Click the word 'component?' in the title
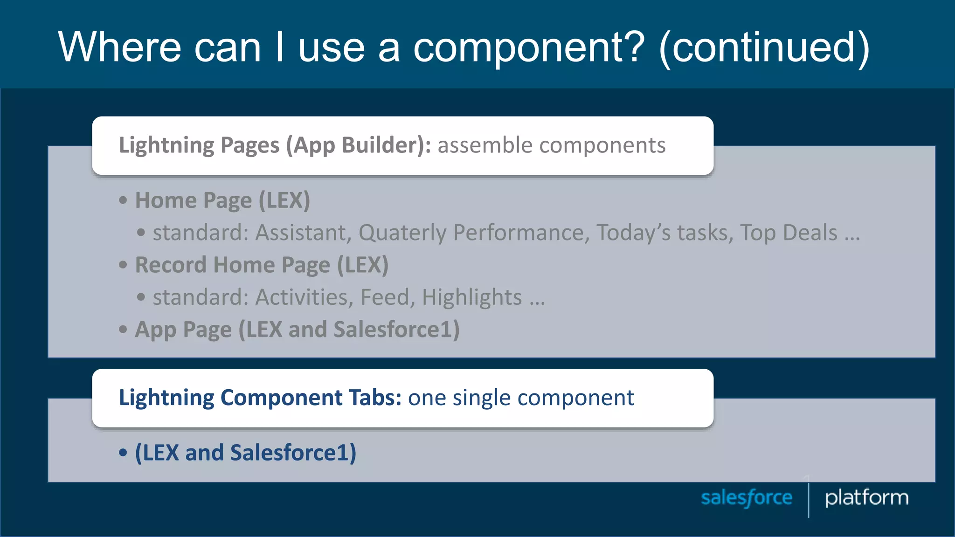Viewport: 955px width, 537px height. pyautogui.click(x=529, y=48)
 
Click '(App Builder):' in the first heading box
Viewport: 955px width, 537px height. pyautogui.click(x=358, y=145)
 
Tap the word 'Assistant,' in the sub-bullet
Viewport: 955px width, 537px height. pyautogui.click(x=303, y=233)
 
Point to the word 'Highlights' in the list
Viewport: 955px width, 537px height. pyautogui.click(x=471, y=297)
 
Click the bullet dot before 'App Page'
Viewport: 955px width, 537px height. pyautogui.click(x=123, y=330)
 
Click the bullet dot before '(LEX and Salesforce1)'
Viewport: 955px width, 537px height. pyautogui.click(x=123, y=453)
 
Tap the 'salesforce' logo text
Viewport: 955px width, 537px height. pyautogui.click(x=747, y=498)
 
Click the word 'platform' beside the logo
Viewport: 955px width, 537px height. pyautogui.click(x=866, y=498)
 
